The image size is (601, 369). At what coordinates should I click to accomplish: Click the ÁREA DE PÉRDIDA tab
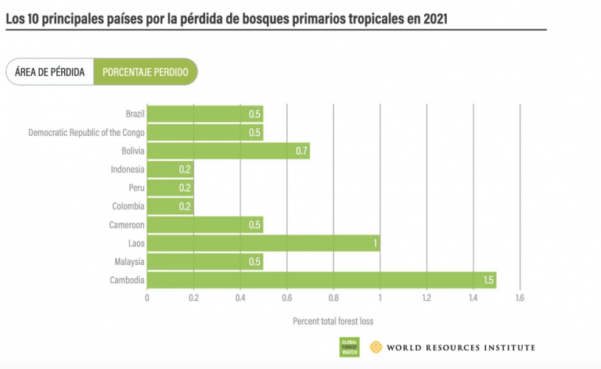[50, 72]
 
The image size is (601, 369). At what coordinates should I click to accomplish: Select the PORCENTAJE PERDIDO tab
[145, 72]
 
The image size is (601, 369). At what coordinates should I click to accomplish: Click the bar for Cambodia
[321, 280]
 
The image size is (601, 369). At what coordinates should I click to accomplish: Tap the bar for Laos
[263, 243]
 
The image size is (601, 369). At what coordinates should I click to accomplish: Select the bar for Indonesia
[170, 170]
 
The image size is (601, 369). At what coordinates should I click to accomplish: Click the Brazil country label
[135, 114]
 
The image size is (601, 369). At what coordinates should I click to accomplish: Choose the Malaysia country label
[128, 261]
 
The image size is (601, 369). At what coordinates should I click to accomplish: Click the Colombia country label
[128, 206]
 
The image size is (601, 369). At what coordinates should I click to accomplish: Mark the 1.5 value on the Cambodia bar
[488, 280]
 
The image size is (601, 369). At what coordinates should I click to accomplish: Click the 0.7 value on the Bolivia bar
[302, 151]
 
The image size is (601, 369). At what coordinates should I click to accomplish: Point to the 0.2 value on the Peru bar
[185, 188]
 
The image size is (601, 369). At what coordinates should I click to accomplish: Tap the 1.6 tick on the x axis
[520, 298]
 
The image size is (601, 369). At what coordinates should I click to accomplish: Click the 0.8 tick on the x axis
[333, 298]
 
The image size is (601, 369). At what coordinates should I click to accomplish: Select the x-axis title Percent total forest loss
[333, 321]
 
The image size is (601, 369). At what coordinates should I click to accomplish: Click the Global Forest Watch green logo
[349, 347]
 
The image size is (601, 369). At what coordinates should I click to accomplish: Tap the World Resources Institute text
[461, 347]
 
